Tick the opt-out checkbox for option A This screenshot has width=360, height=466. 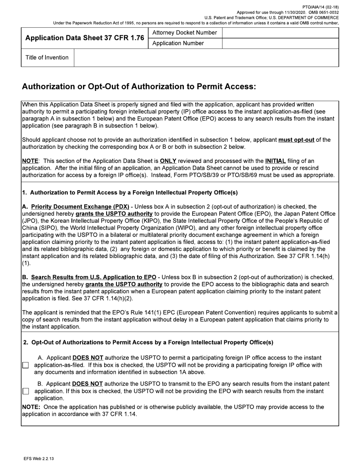(25, 365)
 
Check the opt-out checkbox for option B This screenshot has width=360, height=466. (25, 391)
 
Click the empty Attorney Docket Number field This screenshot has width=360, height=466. (280, 33)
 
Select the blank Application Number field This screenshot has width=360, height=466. (280, 43)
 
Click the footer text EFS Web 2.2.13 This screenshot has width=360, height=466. (39, 459)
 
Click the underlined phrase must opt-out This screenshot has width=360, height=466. (296, 140)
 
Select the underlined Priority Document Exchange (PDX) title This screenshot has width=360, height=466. (80, 207)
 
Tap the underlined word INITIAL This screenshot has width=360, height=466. (275, 161)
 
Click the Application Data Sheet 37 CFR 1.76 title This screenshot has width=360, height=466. (85, 38)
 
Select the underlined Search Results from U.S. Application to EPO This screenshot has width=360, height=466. (94, 277)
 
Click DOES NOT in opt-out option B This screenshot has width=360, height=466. (87, 384)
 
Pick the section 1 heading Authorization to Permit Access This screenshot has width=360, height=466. (130, 192)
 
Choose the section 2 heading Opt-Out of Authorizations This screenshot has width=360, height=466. (148, 342)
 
